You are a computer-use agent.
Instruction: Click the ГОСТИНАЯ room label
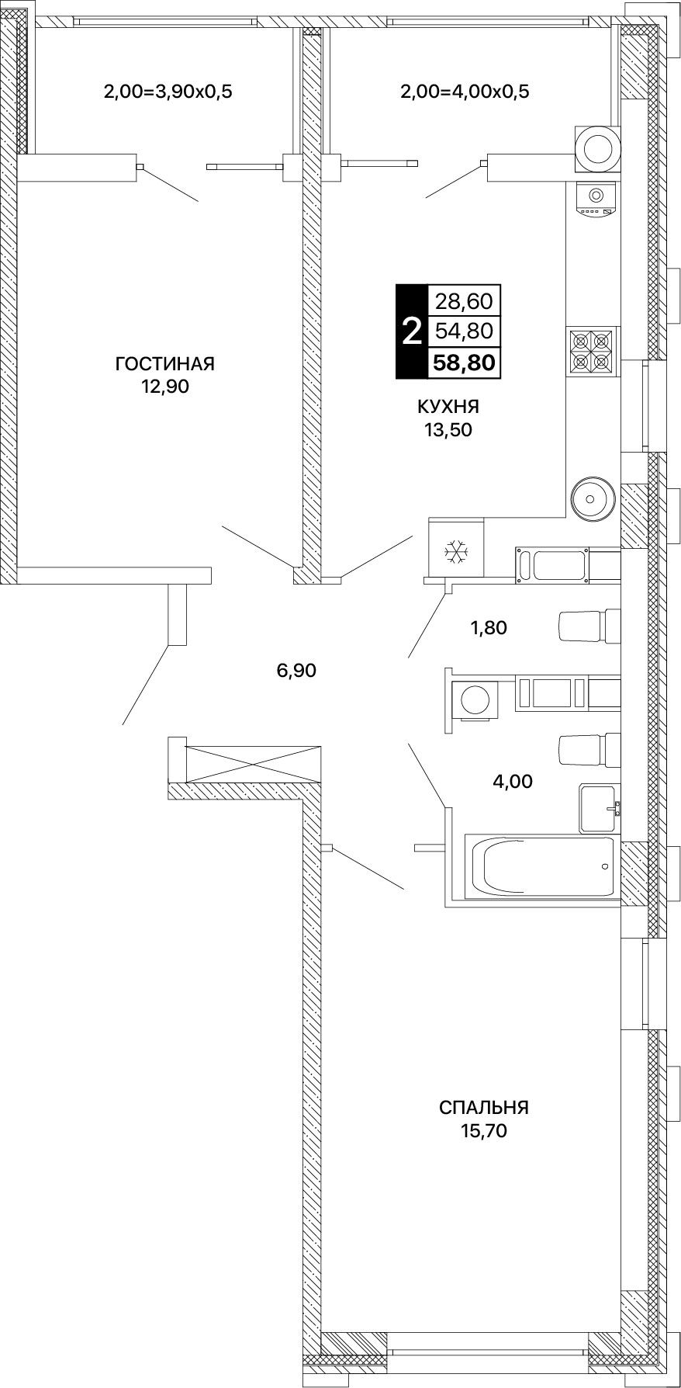coord(164,363)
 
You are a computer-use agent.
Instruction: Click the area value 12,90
coord(164,386)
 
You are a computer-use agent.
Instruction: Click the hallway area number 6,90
coord(296,670)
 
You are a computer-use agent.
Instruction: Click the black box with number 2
coord(411,331)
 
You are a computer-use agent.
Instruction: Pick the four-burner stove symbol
coord(591,351)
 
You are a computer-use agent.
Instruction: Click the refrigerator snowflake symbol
coord(456,550)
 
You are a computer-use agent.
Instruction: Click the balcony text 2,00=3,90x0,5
coord(168,92)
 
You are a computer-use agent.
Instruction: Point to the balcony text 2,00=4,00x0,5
coord(465,92)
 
